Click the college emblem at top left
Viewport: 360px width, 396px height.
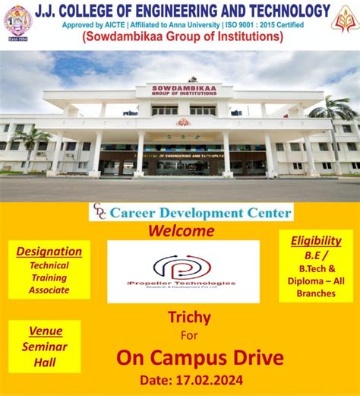point(17,20)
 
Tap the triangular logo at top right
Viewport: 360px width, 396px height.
point(345,18)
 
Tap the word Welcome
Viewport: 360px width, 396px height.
point(181,231)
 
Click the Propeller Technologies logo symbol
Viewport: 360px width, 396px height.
point(182,266)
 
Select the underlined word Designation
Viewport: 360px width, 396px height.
point(49,252)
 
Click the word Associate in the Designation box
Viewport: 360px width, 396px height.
point(49,290)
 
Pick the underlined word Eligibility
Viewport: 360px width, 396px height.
point(316,241)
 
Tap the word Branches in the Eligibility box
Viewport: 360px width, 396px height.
point(316,293)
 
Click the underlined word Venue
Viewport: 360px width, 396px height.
point(46,331)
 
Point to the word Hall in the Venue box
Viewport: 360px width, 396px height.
point(45,363)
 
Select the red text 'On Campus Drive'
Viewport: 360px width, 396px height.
point(200,357)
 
